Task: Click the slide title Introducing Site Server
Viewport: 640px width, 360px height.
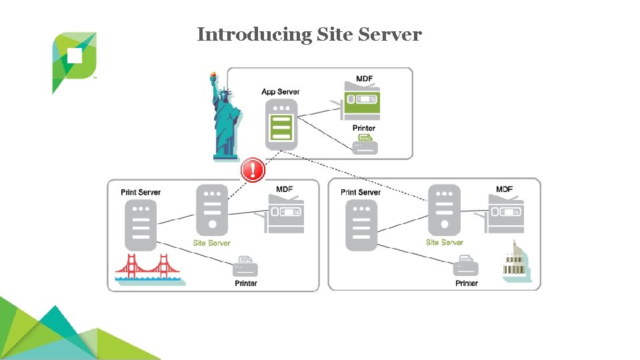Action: tap(309, 35)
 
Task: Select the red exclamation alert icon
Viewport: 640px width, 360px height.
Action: tap(253, 170)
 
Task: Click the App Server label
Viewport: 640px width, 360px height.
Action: tap(281, 92)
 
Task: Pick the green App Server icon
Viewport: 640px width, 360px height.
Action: tap(281, 125)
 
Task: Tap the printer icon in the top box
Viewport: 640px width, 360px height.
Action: tap(365, 144)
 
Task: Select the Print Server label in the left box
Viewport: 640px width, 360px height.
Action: tap(141, 192)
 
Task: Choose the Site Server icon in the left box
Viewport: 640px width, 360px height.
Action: tap(211, 209)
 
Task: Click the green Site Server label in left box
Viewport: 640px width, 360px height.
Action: tap(211, 243)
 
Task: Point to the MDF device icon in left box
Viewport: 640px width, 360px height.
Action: tap(285, 215)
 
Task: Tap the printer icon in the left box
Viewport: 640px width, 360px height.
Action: tap(245, 267)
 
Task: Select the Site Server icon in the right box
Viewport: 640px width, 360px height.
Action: tap(444, 209)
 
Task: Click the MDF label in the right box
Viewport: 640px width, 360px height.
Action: tap(505, 189)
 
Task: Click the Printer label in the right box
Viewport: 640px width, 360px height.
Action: tap(467, 283)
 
